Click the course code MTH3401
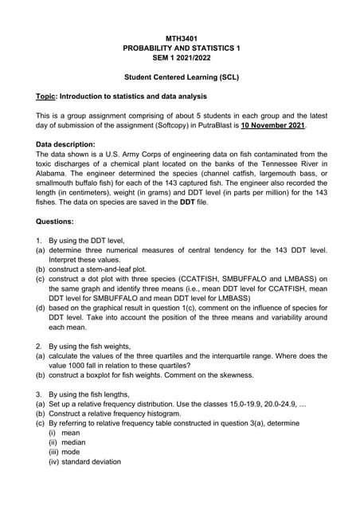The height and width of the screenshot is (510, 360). [x=181, y=38]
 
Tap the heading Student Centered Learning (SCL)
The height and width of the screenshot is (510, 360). [x=181, y=78]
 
